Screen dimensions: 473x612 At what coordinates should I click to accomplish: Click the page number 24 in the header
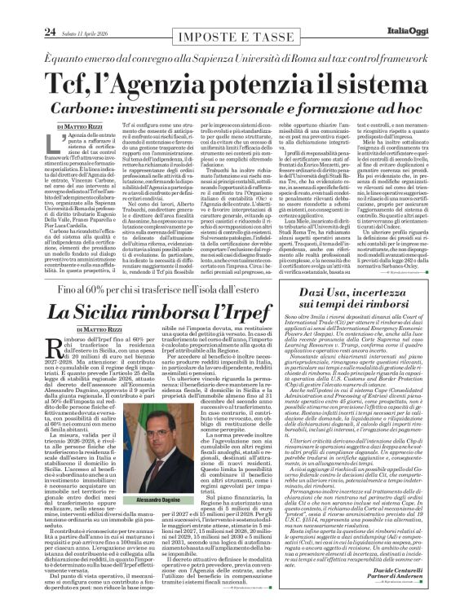coord(26,10)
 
